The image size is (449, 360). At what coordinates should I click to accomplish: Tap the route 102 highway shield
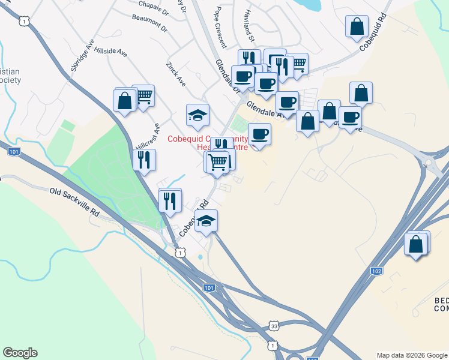coord(376,271)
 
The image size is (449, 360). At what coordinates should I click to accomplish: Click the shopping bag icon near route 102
coord(415,244)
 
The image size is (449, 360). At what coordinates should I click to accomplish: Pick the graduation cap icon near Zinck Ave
coord(197,115)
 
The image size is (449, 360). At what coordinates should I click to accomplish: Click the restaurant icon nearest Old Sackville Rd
coord(170,199)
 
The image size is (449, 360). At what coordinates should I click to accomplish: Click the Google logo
coord(20,353)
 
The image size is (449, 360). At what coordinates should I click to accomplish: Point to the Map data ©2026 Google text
coord(411,355)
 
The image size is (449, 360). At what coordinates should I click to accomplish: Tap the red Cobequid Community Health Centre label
coord(207,142)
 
